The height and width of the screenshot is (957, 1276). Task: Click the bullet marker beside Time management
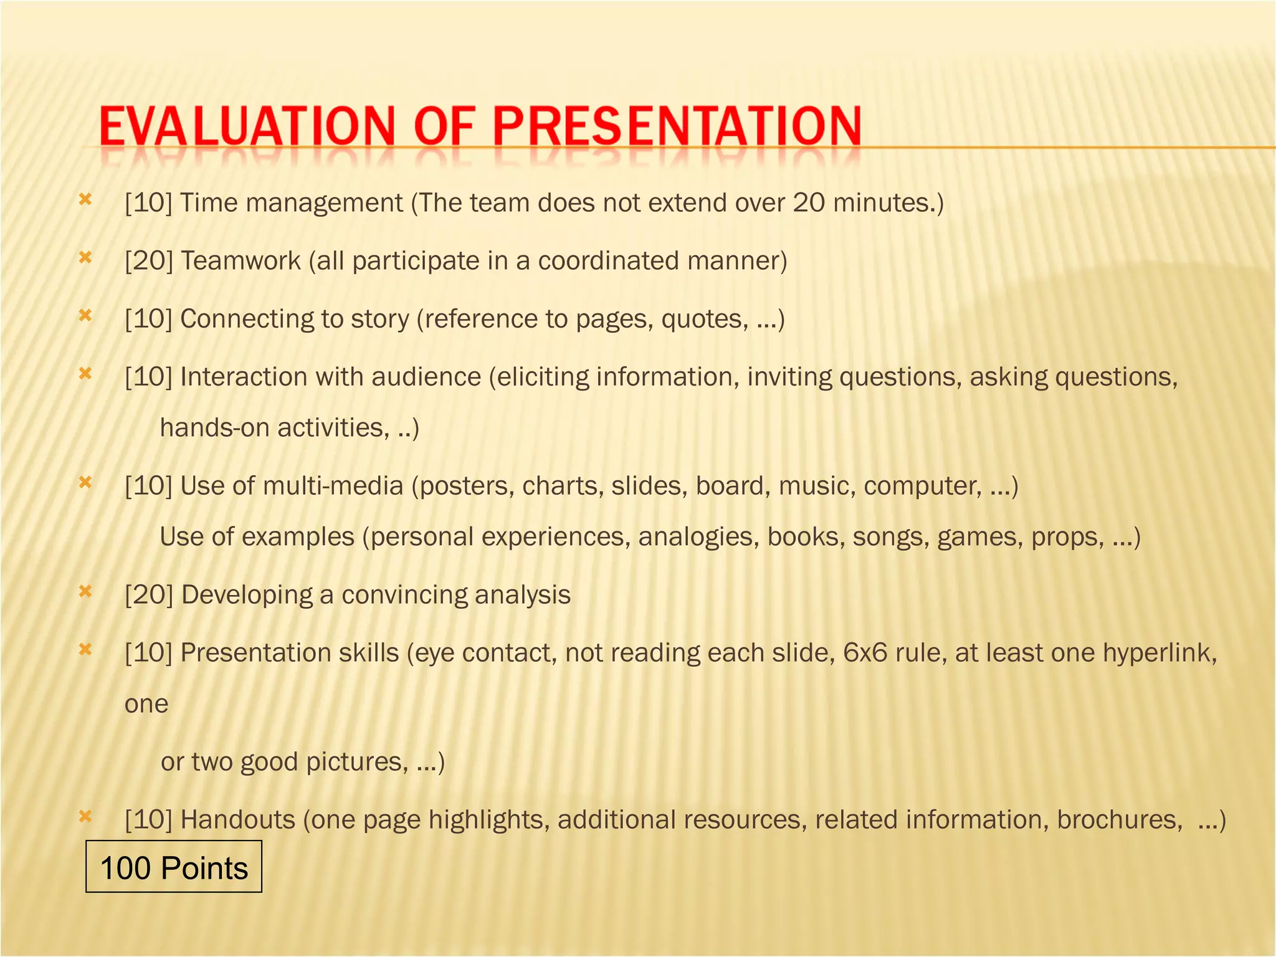point(85,199)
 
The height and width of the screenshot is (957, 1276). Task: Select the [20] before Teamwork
point(148,261)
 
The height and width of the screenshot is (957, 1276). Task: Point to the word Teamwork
point(240,261)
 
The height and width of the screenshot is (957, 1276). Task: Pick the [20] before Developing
point(148,595)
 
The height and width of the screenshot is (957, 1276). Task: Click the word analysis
point(522,595)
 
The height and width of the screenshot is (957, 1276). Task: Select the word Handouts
point(237,820)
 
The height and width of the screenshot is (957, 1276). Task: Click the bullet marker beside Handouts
point(85,816)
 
